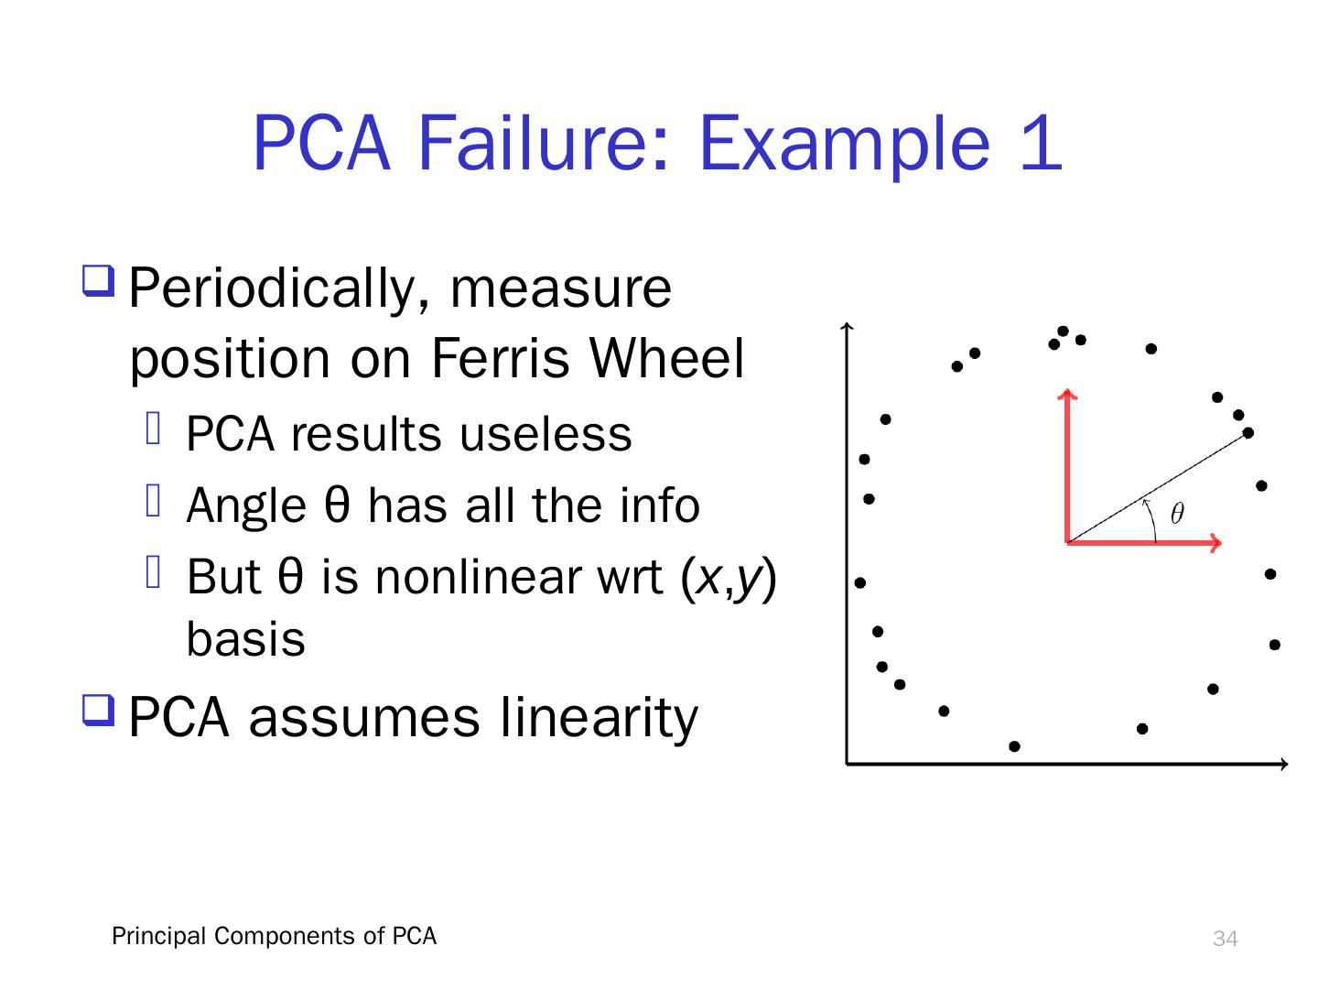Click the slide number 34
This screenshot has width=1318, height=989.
click(x=1225, y=939)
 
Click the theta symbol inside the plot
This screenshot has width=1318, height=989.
click(x=1177, y=514)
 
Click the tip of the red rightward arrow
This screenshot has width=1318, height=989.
click(x=1220, y=543)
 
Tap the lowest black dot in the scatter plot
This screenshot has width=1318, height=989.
click(x=1014, y=746)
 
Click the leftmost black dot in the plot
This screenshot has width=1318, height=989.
click(x=860, y=582)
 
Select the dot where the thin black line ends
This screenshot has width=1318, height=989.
click(x=1248, y=432)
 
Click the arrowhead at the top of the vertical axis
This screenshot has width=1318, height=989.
click(x=848, y=326)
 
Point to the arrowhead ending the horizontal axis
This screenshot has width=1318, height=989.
click(x=1284, y=763)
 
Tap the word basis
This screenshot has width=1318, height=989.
click(x=245, y=640)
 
